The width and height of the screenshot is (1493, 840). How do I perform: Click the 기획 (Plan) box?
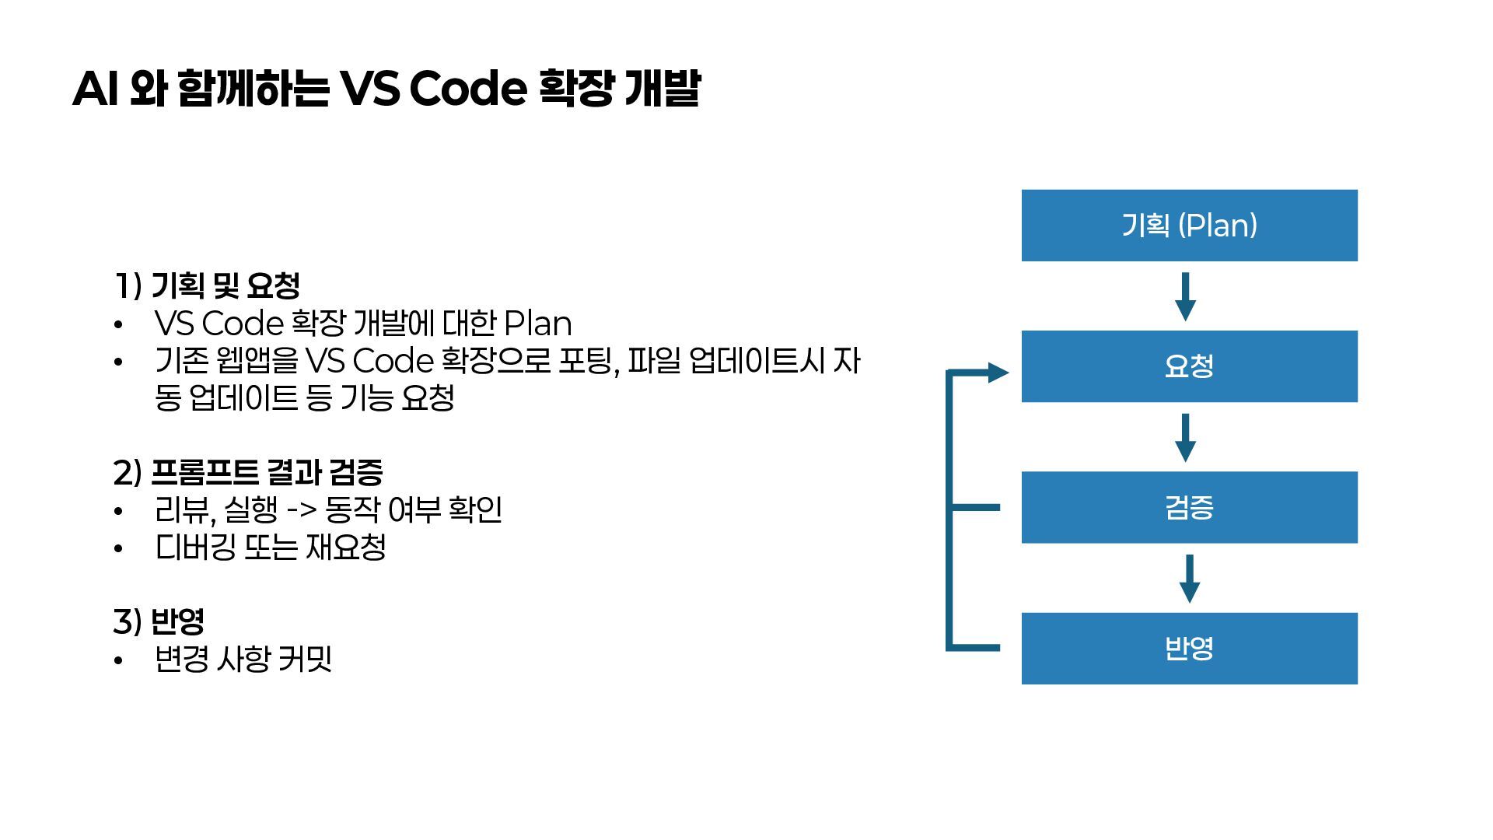pyautogui.click(x=1189, y=225)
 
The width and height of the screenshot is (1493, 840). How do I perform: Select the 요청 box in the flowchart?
pyautogui.click(x=1189, y=366)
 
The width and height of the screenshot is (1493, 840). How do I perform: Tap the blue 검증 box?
pyautogui.click(x=1189, y=507)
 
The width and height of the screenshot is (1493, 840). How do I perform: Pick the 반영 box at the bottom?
pyautogui.click(x=1189, y=648)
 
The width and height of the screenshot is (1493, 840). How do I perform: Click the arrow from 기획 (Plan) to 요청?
pyautogui.click(x=1185, y=296)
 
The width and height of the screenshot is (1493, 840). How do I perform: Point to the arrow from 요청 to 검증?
pyautogui.click(x=1185, y=438)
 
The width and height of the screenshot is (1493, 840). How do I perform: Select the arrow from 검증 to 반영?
pyautogui.click(x=1189, y=579)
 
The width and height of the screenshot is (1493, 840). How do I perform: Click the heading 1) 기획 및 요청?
pyautogui.click(x=207, y=285)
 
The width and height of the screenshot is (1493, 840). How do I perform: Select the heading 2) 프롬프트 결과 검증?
pyautogui.click(x=248, y=472)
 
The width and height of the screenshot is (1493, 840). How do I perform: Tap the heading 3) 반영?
pyautogui.click(x=159, y=621)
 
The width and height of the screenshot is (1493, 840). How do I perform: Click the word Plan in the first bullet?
pyautogui.click(x=537, y=324)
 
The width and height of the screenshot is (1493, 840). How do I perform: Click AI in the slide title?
pyautogui.click(x=95, y=89)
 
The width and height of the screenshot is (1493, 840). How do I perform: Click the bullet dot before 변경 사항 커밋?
pyautogui.click(x=118, y=661)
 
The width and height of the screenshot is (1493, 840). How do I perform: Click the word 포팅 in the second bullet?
pyautogui.click(x=588, y=361)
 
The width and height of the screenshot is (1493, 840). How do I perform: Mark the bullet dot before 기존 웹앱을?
pyautogui.click(x=118, y=362)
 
